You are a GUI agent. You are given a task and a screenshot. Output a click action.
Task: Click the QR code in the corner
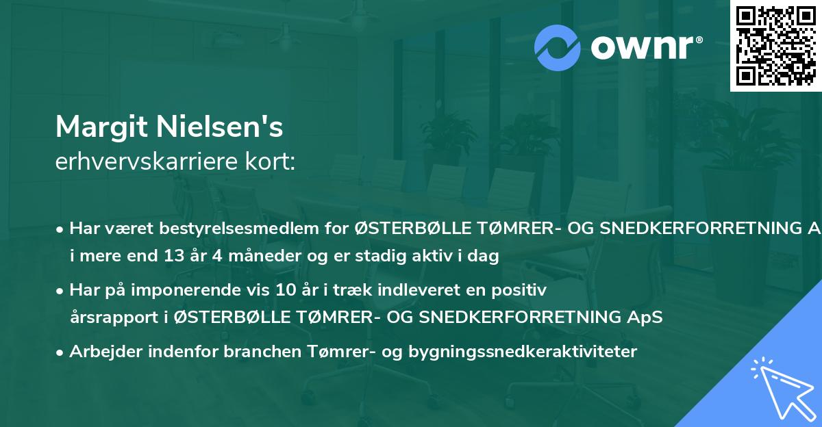pyautogui.click(x=775, y=45)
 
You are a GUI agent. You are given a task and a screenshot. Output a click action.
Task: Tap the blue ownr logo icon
pyautogui.click(x=558, y=47)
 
